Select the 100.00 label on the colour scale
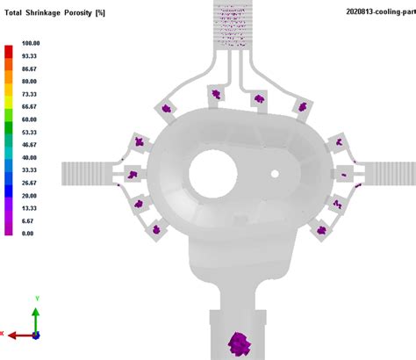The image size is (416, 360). pyautogui.click(x=30, y=42)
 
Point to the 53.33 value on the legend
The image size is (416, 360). pyautogui.click(x=30, y=131)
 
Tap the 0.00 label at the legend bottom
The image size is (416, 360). pyautogui.click(x=28, y=234)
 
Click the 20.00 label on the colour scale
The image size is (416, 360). pyautogui.click(x=30, y=195)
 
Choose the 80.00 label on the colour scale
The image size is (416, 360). pyautogui.click(x=30, y=80)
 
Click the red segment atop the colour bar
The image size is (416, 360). pyautogui.click(x=9, y=48)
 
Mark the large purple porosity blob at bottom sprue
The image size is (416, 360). pyautogui.click(x=239, y=343)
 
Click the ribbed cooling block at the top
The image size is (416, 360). pyautogui.click(x=234, y=26)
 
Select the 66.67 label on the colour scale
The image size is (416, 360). pyautogui.click(x=30, y=105)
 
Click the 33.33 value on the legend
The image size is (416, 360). pyautogui.click(x=30, y=169)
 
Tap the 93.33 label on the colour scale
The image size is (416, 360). pyautogui.click(x=30, y=54)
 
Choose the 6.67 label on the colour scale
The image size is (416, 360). pyautogui.click(x=28, y=220)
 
